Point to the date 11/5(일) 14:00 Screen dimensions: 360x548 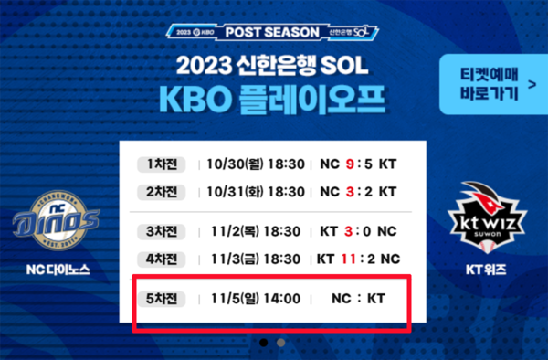(256, 298)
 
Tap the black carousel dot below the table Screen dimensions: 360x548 (263, 343)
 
